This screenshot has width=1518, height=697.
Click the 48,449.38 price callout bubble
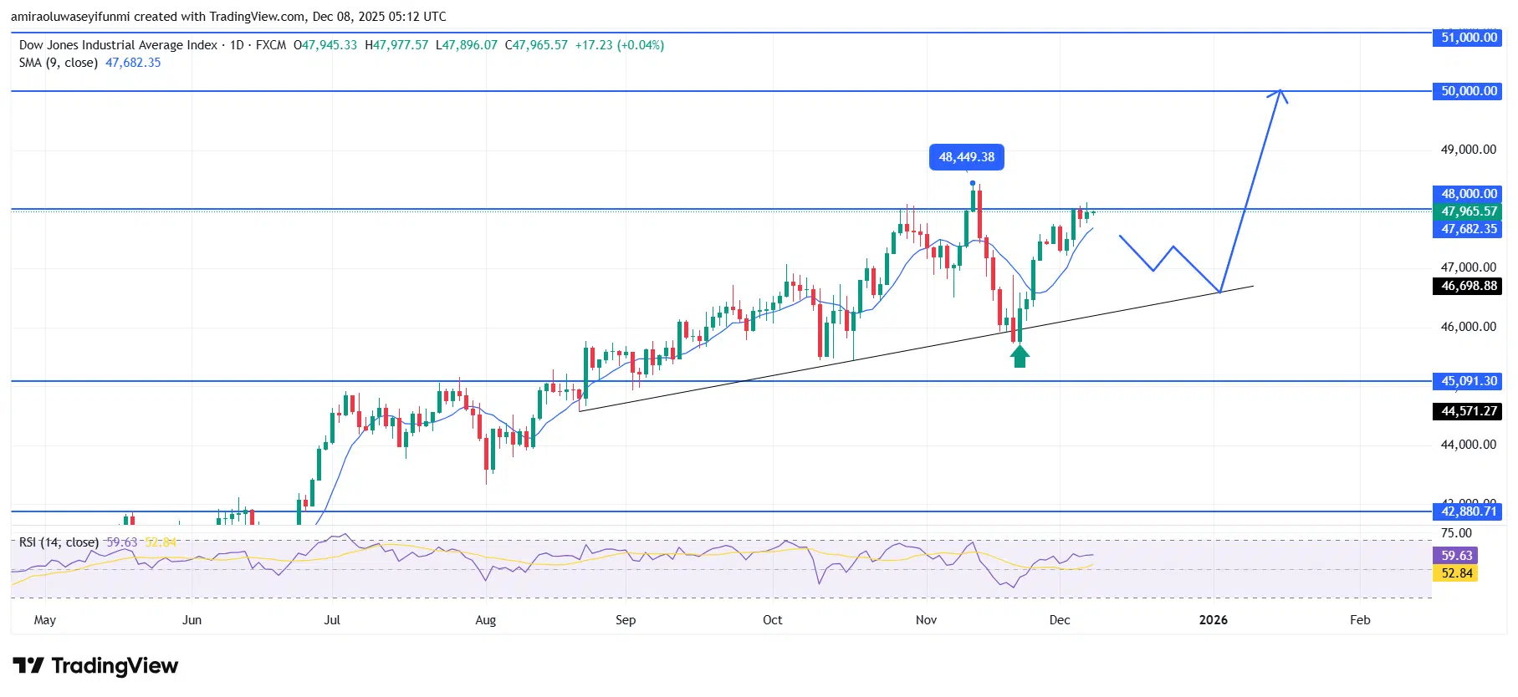click(966, 157)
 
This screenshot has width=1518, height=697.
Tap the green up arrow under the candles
click(1019, 357)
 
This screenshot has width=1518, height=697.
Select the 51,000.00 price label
click(1469, 38)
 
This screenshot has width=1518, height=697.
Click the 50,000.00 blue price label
click(1469, 91)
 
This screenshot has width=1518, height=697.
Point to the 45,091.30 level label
click(1469, 381)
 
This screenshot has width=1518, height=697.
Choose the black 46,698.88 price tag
click(1469, 286)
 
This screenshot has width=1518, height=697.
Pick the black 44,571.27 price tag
click(1469, 411)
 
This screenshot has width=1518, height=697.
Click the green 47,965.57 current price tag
click(1469, 211)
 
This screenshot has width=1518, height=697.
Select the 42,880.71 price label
click(1469, 511)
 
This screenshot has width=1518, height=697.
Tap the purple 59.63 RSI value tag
click(1456, 556)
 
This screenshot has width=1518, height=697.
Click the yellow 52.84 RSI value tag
click(1456, 573)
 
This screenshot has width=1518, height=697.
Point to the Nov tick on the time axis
click(926, 620)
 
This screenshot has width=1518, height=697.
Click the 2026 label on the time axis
click(1213, 620)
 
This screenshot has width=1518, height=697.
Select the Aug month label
click(485, 620)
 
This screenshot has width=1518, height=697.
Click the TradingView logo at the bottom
click(95, 666)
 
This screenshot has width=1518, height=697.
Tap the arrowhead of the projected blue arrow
click(1279, 94)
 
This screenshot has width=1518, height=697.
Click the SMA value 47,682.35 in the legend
click(133, 63)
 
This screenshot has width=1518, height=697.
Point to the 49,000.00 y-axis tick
click(1468, 150)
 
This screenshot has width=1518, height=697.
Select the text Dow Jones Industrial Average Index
click(118, 45)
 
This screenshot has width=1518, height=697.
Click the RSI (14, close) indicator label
click(59, 542)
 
